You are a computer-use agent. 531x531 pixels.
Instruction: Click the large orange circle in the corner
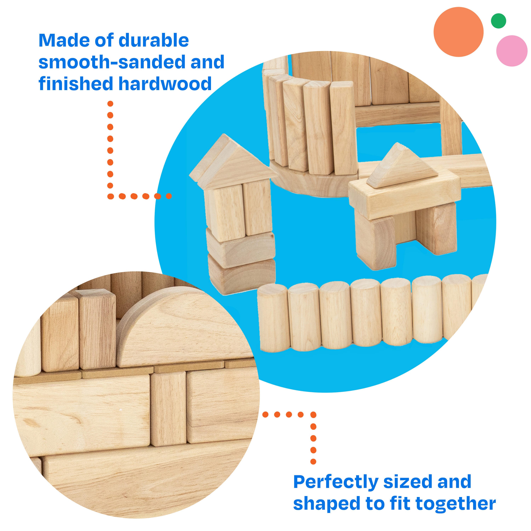pyautogui.click(x=458, y=32)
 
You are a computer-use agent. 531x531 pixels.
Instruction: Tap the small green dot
pyautogui.click(x=498, y=21)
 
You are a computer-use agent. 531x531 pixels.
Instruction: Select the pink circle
pyautogui.click(x=512, y=51)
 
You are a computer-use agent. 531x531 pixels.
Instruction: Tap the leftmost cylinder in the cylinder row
pyautogui.click(x=273, y=318)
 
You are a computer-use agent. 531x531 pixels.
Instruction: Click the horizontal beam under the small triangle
pyautogui.click(x=405, y=195)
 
